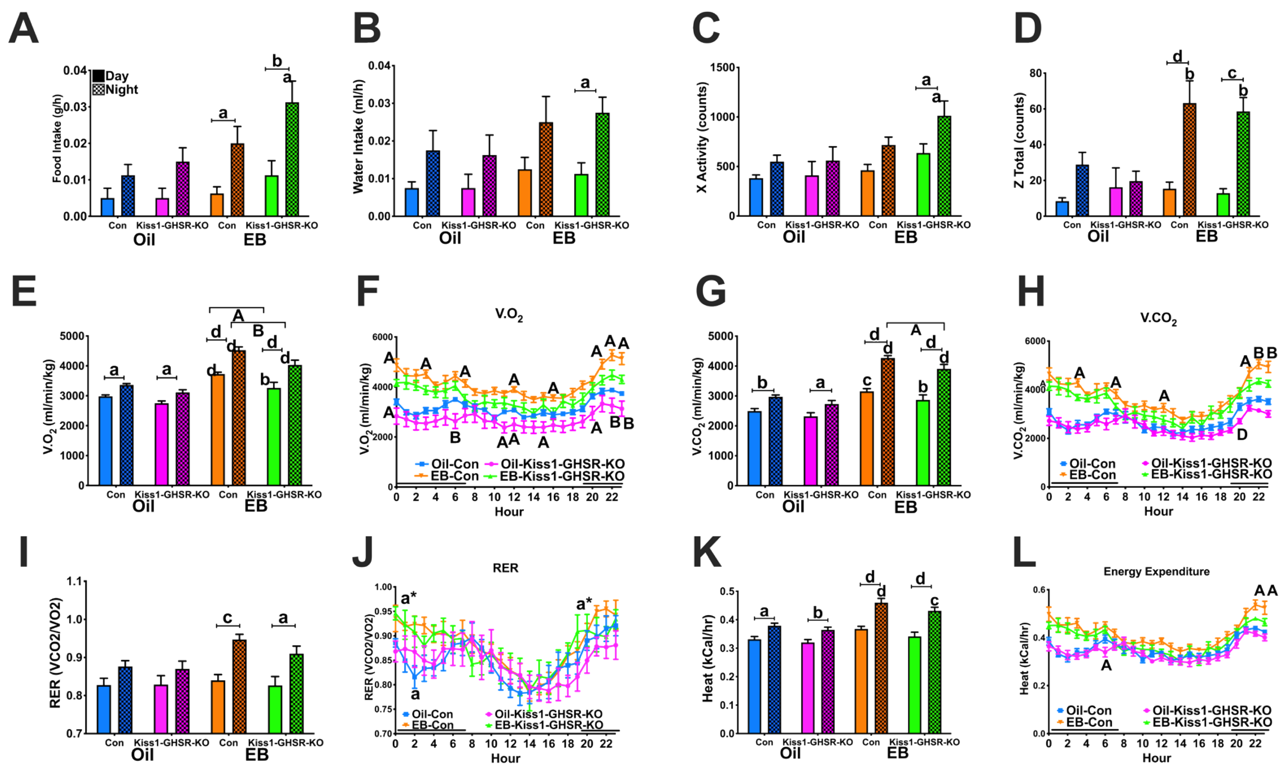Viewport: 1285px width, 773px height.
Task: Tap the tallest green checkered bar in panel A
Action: pyautogui.click(x=292, y=159)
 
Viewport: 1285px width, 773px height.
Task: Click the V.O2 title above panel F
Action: pyautogui.click(x=509, y=314)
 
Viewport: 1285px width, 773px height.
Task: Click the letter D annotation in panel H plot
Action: pyautogui.click(x=1242, y=434)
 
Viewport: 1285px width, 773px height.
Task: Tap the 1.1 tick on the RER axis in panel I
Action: pyautogui.click(x=77, y=581)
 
